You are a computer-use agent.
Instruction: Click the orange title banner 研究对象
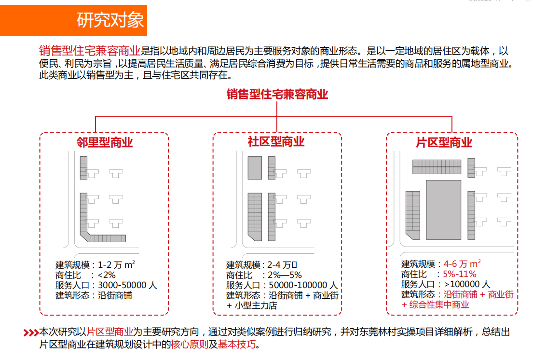click(73, 20)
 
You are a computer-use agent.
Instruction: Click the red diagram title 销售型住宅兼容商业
click(277, 94)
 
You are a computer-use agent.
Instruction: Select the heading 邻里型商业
click(104, 142)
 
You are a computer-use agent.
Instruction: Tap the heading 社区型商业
click(276, 142)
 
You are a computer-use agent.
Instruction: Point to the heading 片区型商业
click(444, 142)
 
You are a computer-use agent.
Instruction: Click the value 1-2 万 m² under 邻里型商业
click(116, 264)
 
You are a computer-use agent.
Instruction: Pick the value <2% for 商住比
click(107, 275)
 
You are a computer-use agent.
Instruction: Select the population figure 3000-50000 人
click(127, 285)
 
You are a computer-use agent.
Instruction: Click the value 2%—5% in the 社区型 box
click(285, 275)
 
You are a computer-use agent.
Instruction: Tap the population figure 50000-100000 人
click(303, 285)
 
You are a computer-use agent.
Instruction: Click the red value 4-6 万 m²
click(462, 264)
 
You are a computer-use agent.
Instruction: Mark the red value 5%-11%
click(460, 274)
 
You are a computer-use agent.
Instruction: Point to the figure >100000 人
click(466, 284)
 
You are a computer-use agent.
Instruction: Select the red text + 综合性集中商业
click(436, 305)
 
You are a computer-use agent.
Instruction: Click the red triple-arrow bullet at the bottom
click(31, 332)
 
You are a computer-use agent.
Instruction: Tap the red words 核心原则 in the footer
click(190, 345)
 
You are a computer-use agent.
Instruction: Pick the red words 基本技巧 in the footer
click(236, 345)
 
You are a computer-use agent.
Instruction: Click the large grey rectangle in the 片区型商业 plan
click(444, 210)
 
